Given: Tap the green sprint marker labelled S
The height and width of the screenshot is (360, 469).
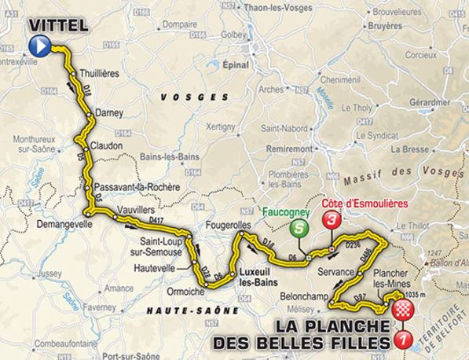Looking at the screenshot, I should (299, 229).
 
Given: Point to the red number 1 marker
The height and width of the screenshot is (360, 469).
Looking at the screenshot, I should (405, 339).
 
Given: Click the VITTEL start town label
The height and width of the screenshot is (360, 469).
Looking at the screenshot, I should (59, 26).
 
